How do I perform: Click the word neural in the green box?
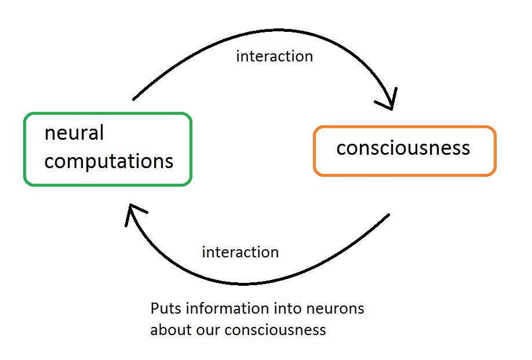tap(74, 132)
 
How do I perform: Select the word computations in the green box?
tap(109, 161)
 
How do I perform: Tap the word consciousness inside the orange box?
tap(403, 148)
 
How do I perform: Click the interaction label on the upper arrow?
tap(275, 56)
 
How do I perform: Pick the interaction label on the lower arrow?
tap(241, 252)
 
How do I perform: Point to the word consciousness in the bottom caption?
tap(275, 330)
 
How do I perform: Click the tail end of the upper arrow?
tap(133, 99)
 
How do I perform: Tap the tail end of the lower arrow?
tap(389, 214)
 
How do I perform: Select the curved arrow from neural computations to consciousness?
tap(278, 30)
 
